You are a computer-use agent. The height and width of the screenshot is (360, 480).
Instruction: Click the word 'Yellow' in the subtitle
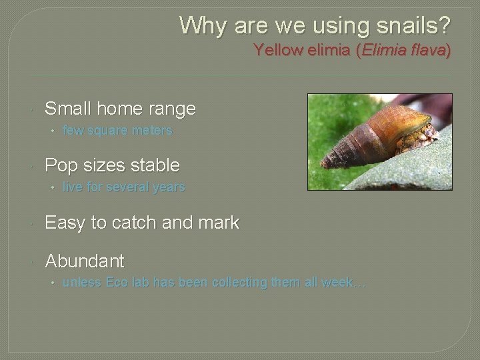[x=275, y=51]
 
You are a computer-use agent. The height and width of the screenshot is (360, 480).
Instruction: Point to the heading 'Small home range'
[x=120, y=109]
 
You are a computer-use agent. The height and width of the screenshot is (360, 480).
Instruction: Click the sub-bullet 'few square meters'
[x=117, y=131]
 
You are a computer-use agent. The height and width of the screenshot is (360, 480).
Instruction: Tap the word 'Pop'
[x=59, y=165]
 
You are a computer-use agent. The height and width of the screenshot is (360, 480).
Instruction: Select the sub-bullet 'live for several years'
[x=123, y=188]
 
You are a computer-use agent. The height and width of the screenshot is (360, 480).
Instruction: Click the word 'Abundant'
[x=84, y=261]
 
